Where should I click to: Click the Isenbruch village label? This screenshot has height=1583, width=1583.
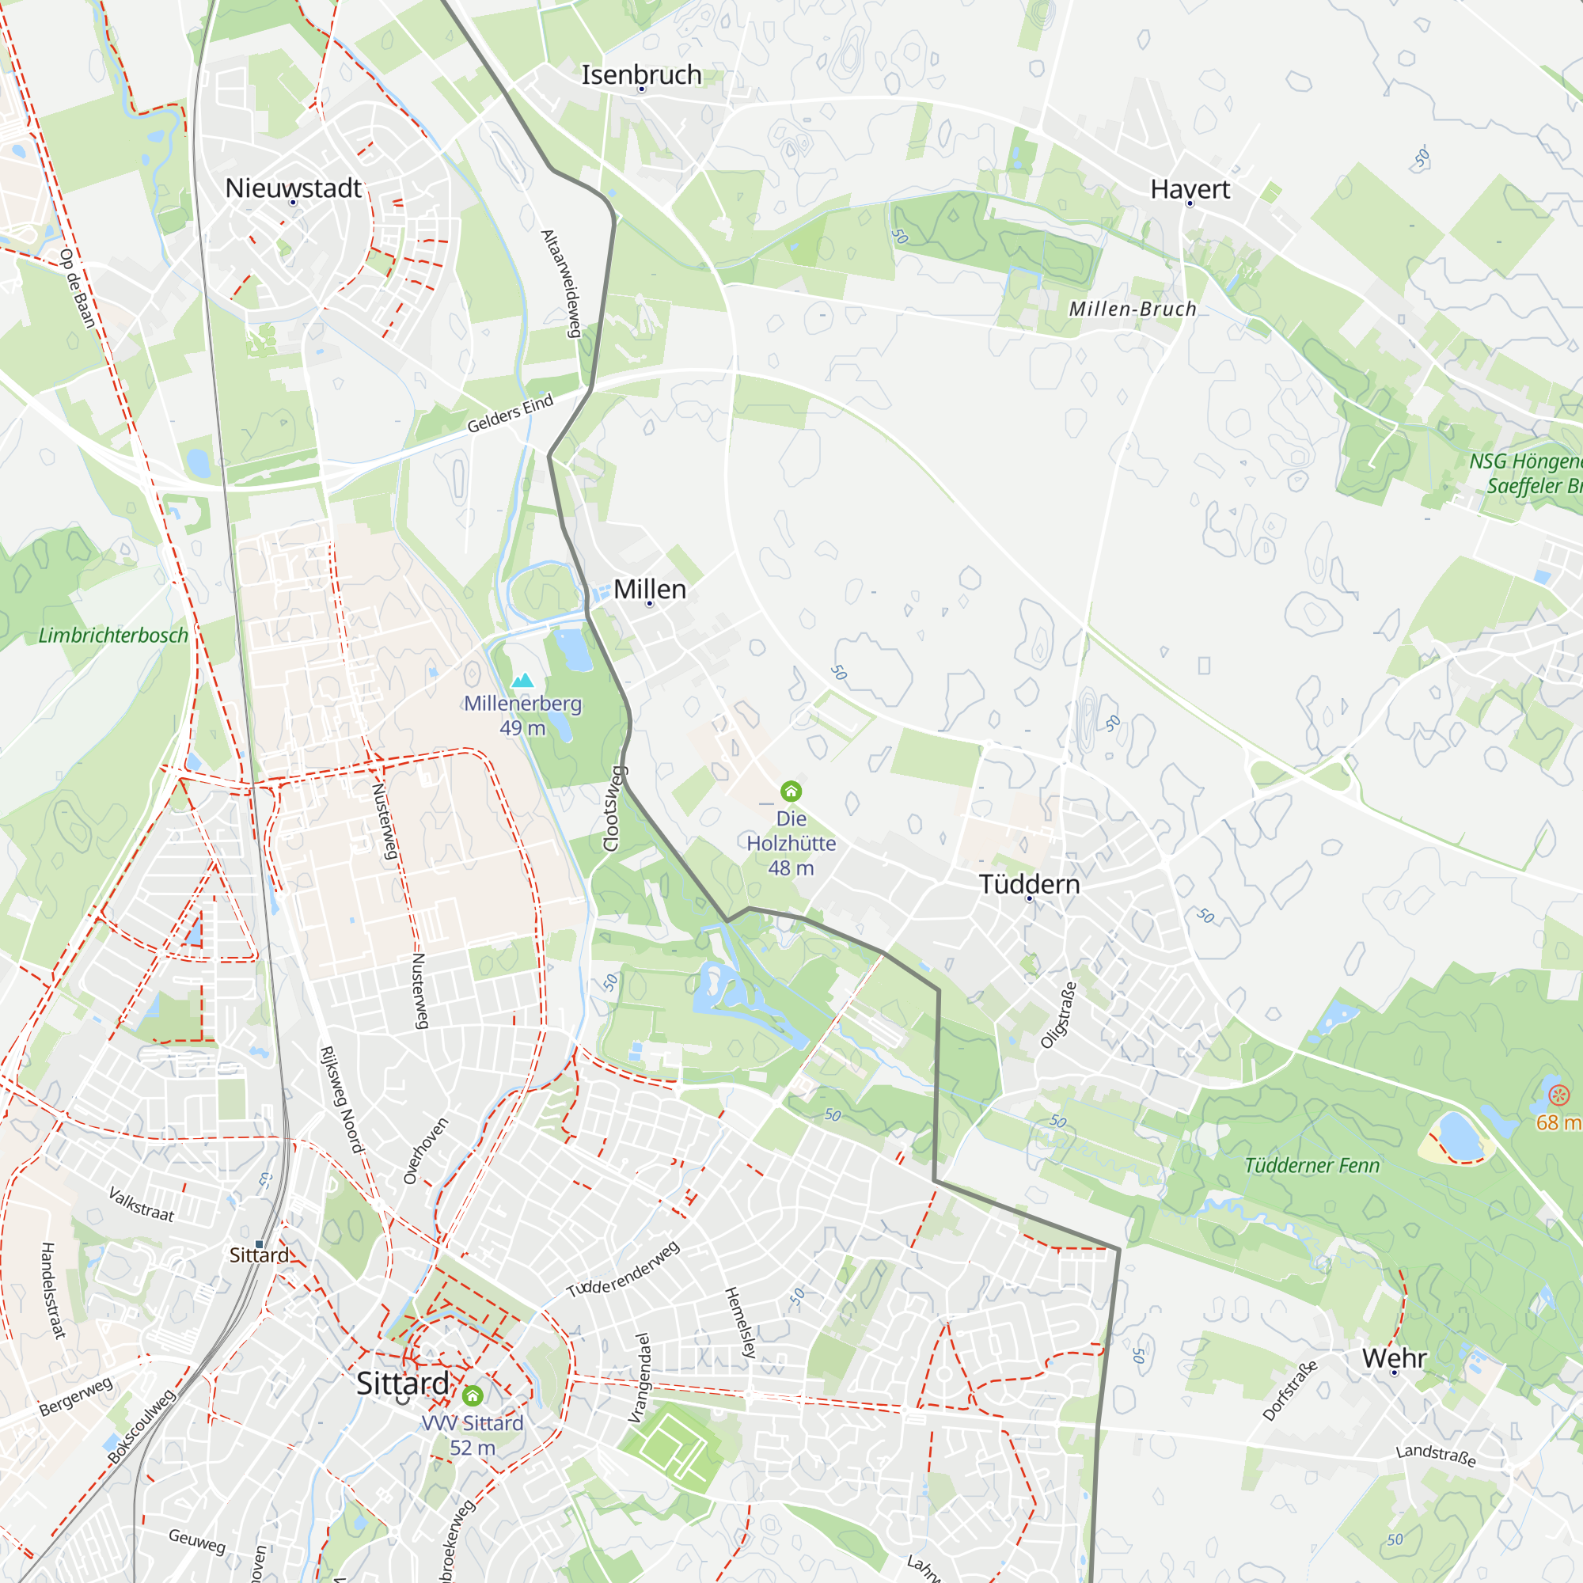tap(641, 74)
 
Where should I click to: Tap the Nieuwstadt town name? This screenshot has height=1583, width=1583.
tap(293, 188)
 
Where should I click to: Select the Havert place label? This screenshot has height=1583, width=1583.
tap(1190, 189)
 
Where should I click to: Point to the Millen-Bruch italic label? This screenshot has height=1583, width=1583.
tap(1133, 309)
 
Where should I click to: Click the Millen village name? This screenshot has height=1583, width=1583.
tap(650, 589)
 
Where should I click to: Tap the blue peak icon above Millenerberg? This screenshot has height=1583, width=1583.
tap(522, 680)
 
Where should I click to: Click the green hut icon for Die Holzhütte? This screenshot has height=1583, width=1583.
tap(791, 791)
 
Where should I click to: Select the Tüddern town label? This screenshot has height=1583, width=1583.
tap(1029, 884)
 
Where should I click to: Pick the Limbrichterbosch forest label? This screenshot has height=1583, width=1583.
tap(113, 635)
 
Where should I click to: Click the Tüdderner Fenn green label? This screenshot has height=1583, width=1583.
tap(1312, 1165)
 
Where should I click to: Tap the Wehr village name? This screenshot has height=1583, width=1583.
tap(1394, 1357)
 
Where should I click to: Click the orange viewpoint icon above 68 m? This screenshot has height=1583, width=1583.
tap(1558, 1095)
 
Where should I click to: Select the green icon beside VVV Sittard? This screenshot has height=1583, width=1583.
tap(473, 1395)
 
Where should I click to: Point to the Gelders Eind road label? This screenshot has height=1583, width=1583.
tap(510, 413)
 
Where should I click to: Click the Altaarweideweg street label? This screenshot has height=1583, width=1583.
tap(562, 283)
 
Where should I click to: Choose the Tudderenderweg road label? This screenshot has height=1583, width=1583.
tap(623, 1270)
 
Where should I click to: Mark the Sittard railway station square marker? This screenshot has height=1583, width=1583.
tap(260, 1243)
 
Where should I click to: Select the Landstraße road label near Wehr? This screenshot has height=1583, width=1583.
tap(1436, 1456)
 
